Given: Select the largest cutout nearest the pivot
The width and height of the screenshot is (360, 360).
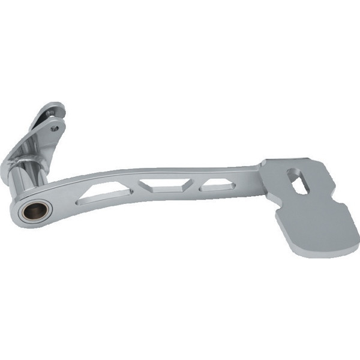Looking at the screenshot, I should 107,193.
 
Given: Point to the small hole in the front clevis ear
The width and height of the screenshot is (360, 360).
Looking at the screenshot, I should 55,127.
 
